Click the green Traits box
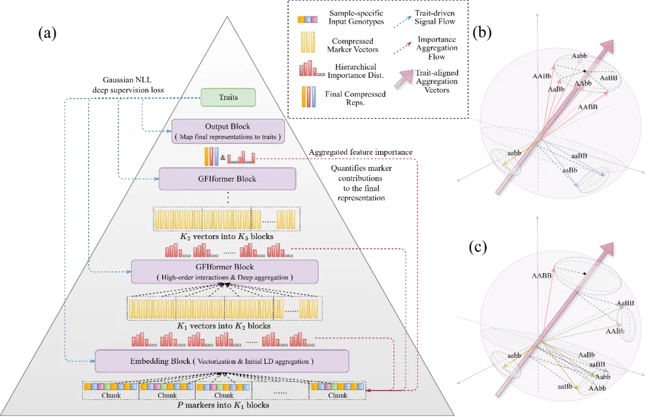pos(228,98)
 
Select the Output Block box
pos(228,132)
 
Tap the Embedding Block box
pos(222,361)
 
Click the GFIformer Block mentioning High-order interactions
pos(225,272)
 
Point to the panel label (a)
pos(47,33)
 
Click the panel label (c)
pos(478,247)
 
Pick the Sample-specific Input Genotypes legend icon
pos(307,20)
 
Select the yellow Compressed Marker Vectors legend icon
pos(308,42)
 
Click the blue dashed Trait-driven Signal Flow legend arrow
pos(402,23)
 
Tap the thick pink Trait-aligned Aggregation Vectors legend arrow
pos(404,79)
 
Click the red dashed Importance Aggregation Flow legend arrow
pos(402,48)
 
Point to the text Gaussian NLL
pos(128,80)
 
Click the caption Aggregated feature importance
pos(361,152)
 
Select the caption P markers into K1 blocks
pos(223,405)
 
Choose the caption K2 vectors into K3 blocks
pos(227,237)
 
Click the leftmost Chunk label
pos(111,395)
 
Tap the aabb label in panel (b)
pos(514,153)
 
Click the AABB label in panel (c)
pos(542,276)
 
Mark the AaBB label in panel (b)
pos(608,78)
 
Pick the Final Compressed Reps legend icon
pos(308,97)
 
